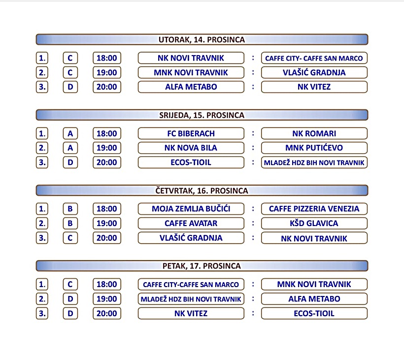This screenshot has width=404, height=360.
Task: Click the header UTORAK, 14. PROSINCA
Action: click(202, 39)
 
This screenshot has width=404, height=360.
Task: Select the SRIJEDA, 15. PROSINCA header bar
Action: click(202, 115)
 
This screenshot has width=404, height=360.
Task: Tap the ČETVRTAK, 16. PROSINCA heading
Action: click(202, 190)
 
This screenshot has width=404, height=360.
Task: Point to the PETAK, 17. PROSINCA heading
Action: click(202, 266)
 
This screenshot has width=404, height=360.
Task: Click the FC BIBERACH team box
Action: click(191, 133)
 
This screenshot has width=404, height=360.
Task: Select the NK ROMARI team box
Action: click(314, 133)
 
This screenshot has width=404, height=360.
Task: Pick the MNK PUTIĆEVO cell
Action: click(314, 148)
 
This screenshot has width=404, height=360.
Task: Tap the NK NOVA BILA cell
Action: click(191, 148)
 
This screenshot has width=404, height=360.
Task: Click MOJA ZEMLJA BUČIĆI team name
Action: click(191, 209)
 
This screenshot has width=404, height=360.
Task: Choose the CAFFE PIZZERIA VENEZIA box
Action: click(314, 209)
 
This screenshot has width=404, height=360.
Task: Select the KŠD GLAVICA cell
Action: click(314, 223)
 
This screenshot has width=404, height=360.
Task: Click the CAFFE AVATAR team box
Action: click(191, 223)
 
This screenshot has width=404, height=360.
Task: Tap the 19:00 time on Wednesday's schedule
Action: click(107, 148)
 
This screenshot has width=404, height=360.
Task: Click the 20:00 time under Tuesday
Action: click(107, 87)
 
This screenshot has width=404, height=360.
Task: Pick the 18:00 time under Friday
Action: click(107, 284)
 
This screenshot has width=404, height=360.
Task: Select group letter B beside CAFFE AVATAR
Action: click(70, 223)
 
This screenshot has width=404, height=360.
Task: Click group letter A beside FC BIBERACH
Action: click(70, 133)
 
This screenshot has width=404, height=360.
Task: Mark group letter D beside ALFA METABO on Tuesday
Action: click(70, 87)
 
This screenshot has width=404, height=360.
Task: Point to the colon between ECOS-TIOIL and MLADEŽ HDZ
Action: click(253, 162)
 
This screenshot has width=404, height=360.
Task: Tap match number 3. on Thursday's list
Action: click(42, 238)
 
